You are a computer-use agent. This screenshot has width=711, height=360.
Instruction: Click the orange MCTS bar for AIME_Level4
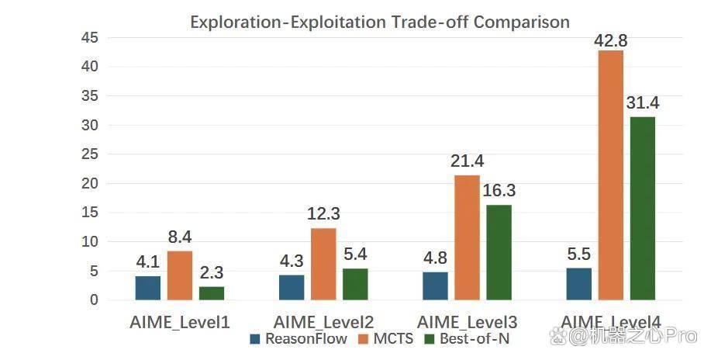pos(610,175)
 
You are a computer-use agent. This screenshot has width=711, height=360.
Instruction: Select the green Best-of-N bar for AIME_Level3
pos(499,252)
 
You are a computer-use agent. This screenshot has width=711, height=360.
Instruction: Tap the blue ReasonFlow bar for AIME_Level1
pos(148,288)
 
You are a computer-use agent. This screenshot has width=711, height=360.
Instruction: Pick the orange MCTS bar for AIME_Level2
pos(323,264)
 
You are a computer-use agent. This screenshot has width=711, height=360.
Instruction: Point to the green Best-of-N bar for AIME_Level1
pos(212,293)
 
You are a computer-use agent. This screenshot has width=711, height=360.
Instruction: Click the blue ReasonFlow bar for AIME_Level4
pos(578,284)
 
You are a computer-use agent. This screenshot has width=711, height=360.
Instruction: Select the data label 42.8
pos(611,41)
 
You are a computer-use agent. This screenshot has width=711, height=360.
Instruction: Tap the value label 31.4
pos(643,103)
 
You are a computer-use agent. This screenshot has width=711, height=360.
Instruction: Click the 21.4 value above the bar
pos(467,161)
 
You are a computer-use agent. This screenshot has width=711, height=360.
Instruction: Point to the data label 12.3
pos(323,214)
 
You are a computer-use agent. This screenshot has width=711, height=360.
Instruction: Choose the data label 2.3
pos(212,272)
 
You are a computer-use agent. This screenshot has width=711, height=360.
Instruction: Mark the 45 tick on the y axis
pos(90,38)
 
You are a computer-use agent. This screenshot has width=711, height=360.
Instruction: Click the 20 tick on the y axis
pos(90,183)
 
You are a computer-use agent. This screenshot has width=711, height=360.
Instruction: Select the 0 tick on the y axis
pos(94,299)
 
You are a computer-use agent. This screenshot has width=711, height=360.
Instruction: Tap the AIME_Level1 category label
pos(180,322)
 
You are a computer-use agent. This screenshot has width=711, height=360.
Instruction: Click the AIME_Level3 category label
pos(467,322)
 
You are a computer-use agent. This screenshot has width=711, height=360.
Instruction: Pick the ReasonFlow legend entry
pos(299,338)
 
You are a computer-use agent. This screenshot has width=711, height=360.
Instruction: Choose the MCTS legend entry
pos(386,338)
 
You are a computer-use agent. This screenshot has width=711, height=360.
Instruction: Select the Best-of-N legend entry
pos(467,338)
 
